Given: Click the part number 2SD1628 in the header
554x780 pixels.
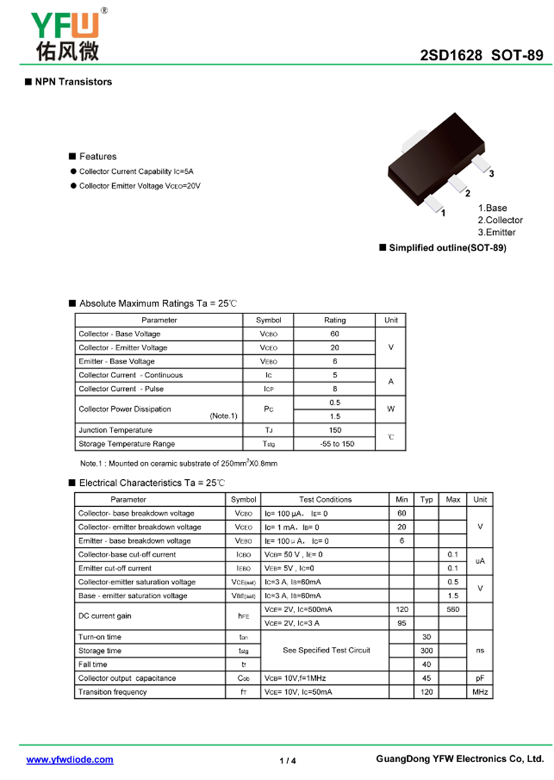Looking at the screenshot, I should [x=451, y=56].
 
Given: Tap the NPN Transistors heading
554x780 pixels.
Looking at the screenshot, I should [x=73, y=82].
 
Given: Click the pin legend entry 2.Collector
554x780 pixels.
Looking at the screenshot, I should [x=500, y=220].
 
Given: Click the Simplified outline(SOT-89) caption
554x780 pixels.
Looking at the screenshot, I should [x=447, y=248].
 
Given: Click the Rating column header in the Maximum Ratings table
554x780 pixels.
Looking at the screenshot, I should [x=334, y=320].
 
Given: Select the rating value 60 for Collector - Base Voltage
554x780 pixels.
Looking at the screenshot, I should [x=334, y=334].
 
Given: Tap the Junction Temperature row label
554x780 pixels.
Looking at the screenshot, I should [x=115, y=430].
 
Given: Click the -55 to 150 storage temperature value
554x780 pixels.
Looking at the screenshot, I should [x=334, y=444].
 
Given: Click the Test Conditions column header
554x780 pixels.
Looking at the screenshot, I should [x=325, y=499].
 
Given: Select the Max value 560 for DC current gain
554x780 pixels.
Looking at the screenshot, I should [x=453, y=609].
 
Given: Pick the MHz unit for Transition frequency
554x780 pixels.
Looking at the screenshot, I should [x=480, y=692].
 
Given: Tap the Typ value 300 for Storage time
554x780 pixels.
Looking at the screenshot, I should [x=427, y=651].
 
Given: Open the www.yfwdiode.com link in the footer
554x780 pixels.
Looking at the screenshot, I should [x=70, y=760].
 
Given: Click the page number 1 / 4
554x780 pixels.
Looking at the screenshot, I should [x=288, y=761].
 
